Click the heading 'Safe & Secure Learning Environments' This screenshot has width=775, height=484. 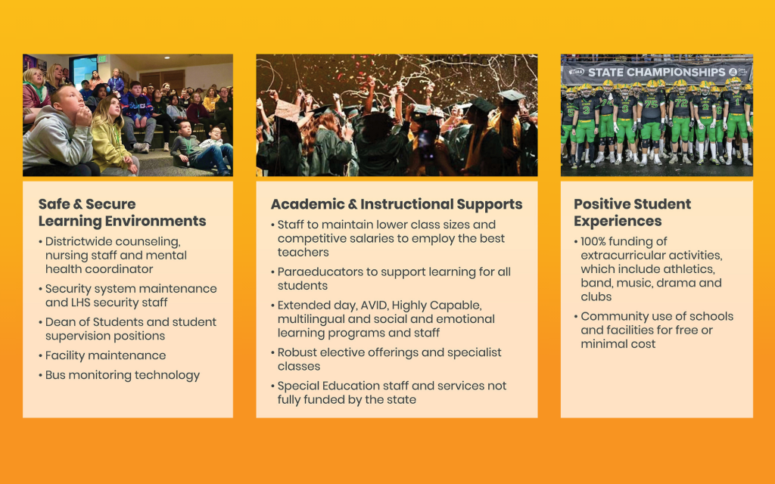tap(122, 213)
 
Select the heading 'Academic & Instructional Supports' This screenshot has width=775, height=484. tap(397, 204)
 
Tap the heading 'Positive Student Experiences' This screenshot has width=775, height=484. tap(632, 213)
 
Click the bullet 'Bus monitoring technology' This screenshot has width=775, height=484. tap(123, 375)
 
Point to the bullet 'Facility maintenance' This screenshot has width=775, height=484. tap(106, 355)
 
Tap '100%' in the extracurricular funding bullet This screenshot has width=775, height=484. tap(593, 241)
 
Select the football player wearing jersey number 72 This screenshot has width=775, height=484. tap(681, 121)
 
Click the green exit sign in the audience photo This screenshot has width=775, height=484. tap(102, 59)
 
